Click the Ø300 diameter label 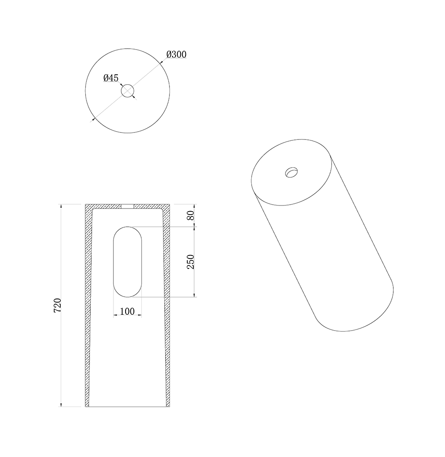pyautogui.click(x=176, y=54)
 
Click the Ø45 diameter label pyautogui.click(x=111, y=78)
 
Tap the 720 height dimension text pyautogui.click(x=58, y=305)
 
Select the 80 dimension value pyautogui.click(x=190, y=215)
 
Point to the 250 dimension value pyautogui.click(x=190, y=262)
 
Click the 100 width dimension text pyautogui.click(x=127, y=311)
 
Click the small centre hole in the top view pyautogui.click(x=127, y=91)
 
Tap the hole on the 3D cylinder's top pyautogui.click(x=292, y=172)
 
